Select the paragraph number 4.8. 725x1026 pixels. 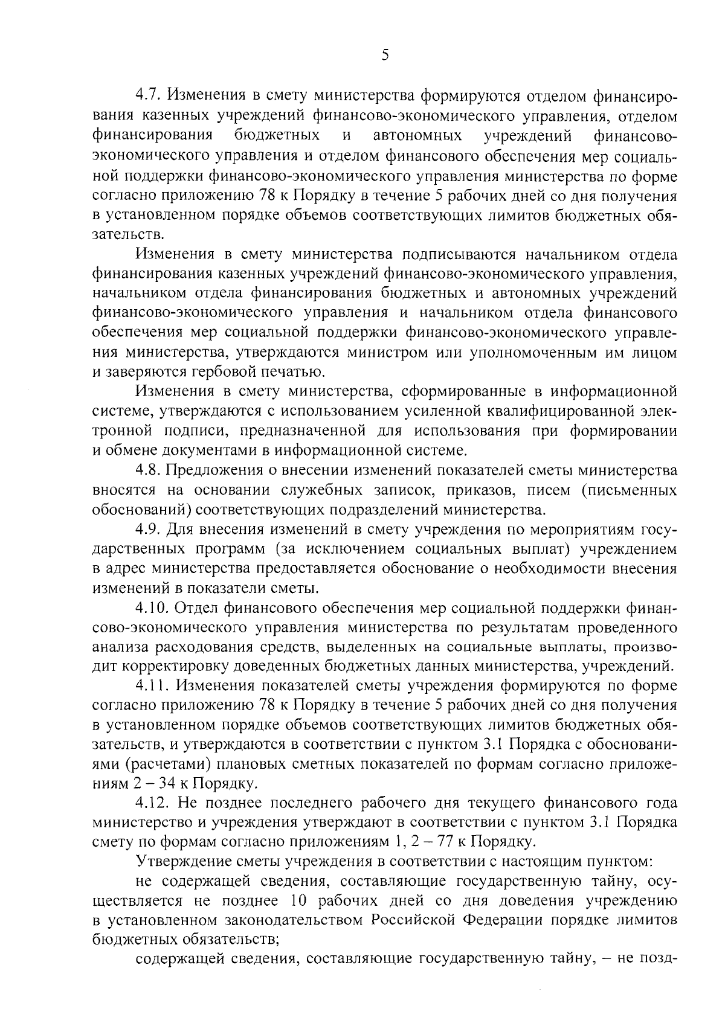click(149, 470)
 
